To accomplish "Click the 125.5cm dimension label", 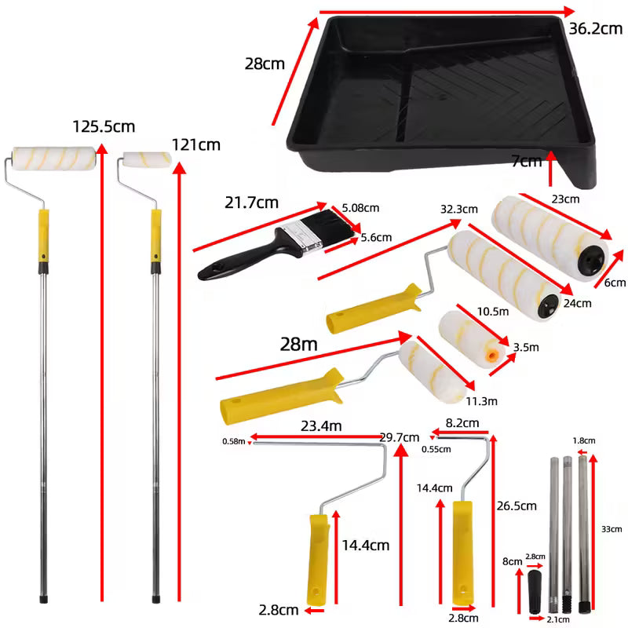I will pos(104,126).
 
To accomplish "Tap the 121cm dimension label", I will pos(196,144).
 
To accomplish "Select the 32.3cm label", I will pos(459,210).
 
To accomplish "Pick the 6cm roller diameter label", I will pos(615,283).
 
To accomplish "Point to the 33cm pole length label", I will pos(610,529).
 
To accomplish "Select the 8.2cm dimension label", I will pos(462,422).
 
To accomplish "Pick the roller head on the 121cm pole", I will pos(147,160).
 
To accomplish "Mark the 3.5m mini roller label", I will pos(525,346).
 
